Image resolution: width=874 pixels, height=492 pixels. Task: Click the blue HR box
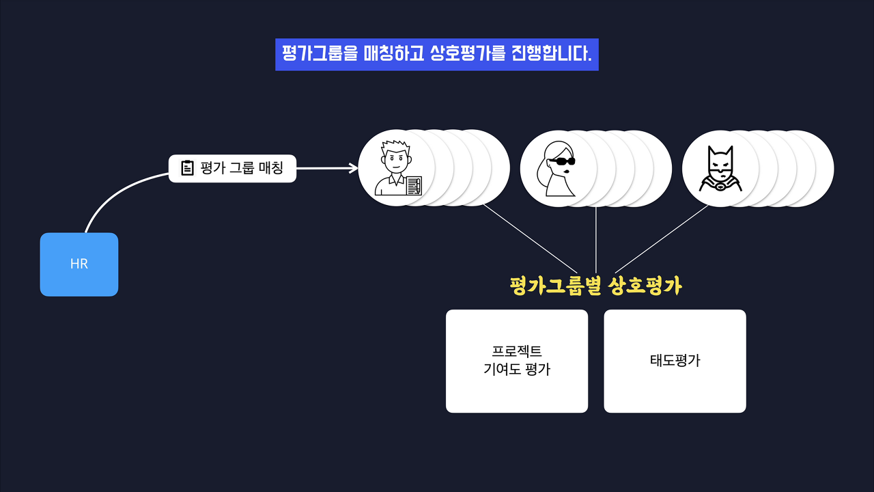[79, 264]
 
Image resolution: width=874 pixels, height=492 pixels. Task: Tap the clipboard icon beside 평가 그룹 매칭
[187, 168]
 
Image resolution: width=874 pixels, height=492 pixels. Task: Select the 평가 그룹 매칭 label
[242, 168]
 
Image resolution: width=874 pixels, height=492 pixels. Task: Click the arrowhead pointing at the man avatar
[354, 168]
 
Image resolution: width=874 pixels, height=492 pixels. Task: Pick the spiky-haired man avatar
[396, 168]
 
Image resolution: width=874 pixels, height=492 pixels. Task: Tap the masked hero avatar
[718, 169]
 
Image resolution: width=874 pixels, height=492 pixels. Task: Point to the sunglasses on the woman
[563, 162]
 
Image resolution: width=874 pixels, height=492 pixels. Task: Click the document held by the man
[414, 186]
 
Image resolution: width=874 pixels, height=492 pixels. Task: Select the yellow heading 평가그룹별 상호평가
[595, 286]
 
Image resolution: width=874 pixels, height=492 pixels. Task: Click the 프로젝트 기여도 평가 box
[517, 361]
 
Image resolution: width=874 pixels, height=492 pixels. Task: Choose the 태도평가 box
[675, 361]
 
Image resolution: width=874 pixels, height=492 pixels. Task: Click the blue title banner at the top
[437, 55]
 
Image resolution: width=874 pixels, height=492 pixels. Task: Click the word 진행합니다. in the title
[551, 55]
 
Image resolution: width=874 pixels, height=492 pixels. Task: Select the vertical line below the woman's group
[596, 239]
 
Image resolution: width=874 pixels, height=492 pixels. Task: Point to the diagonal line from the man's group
[529, 238]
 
